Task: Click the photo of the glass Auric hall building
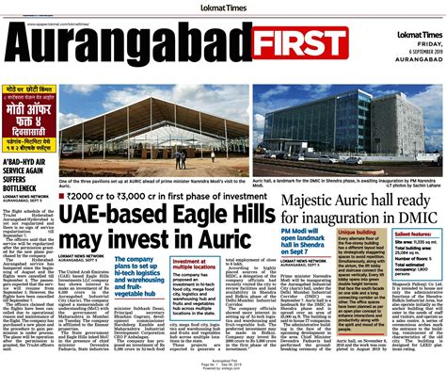(x=367, y=122)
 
